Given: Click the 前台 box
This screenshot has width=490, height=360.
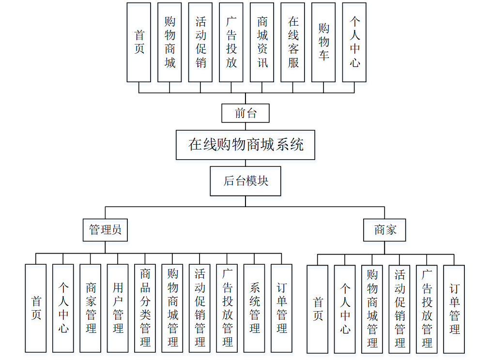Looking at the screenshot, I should tap(245, 113).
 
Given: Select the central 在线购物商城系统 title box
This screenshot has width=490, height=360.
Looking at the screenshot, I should tap(245, 145).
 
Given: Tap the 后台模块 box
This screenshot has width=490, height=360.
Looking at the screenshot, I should tap(245, 181).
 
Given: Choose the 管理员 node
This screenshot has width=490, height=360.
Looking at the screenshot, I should tap(105, 229).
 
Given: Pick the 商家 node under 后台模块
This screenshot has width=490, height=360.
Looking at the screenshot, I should tap(385, 229).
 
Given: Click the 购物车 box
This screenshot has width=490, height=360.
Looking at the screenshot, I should tap(323, 42).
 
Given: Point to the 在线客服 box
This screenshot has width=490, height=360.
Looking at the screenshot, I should tap(293, 42).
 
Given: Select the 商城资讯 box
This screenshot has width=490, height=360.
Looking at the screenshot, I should tap(262, 42).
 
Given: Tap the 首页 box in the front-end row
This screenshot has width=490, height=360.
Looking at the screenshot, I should tap(139, 42).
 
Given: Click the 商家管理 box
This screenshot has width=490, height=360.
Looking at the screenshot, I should tap(91, 308).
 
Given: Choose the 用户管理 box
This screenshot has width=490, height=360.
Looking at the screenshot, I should tap(118, 308).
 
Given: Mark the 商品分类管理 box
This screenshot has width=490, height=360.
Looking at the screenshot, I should tap(145, 308).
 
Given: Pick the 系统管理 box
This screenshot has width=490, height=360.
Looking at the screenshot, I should tap(254, 308).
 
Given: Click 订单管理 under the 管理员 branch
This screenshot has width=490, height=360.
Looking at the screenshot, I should tap(281, 308).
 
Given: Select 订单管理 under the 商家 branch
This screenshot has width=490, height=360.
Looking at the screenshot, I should tap(454, 309).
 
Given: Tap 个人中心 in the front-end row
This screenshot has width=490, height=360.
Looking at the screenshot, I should tap(354, 42).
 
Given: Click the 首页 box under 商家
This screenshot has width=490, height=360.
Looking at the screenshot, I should tap(317, 309).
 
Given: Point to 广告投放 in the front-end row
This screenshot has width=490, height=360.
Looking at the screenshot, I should tap(231, 42).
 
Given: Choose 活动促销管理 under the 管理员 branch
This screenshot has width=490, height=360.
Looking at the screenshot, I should tap(199, 308).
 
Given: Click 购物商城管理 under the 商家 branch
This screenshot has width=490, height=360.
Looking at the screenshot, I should tap(372, 309).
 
